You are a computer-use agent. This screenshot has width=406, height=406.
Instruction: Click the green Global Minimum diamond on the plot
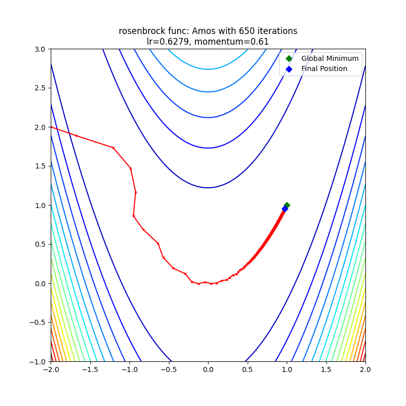tap(287, 205)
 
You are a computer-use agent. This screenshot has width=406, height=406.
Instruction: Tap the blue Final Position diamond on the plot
tap(285, 209)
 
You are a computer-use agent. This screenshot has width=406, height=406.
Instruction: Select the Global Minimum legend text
tap(330, 58)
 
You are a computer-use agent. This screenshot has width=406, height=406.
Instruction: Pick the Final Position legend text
tap(324, 69)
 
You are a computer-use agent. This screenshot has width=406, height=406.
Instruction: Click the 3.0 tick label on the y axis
tap(39, 49)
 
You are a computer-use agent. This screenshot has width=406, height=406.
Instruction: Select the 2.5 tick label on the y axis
tap(39, 88)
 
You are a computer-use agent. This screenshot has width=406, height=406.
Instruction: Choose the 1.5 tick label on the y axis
tap(39, 166)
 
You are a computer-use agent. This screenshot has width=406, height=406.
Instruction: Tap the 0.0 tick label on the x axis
tap(208, 370)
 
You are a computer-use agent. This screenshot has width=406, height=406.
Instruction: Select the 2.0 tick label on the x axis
tap(365, 370)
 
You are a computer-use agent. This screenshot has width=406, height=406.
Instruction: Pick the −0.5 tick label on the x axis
tap(168, 370)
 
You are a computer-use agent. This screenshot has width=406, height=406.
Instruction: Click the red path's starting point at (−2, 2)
tap(51, 127)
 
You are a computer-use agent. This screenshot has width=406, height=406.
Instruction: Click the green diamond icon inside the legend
tap(289, 58)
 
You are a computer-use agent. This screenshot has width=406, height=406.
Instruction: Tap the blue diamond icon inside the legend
tap(289, 69)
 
